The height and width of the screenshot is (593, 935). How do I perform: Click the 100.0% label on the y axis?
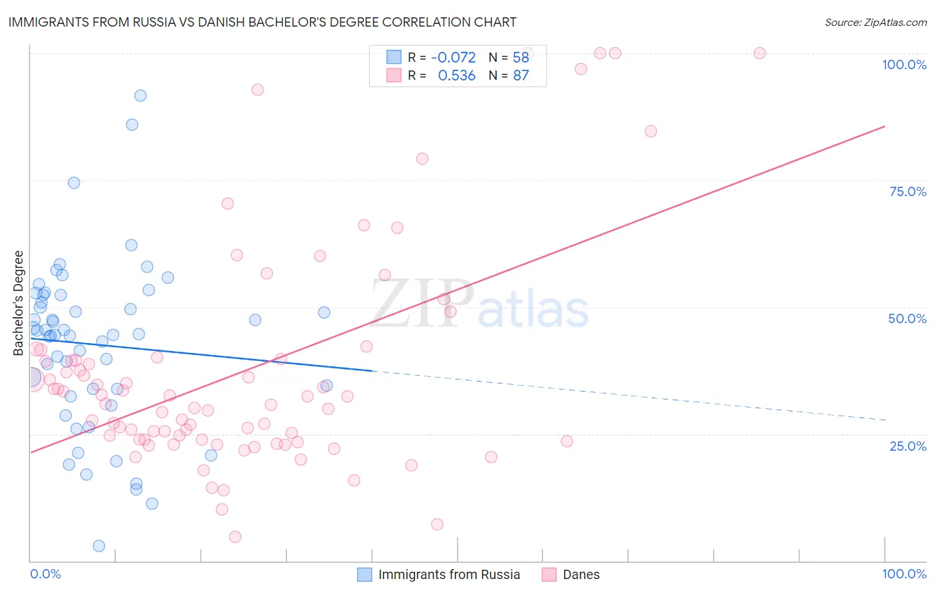coord(904,64)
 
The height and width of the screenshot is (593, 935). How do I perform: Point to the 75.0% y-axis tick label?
coord(908,191)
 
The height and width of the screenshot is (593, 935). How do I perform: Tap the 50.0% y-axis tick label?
coord(907,318)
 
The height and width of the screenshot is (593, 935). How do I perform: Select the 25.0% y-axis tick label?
coord(908,446)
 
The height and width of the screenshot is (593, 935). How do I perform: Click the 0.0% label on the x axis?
coord(45,574)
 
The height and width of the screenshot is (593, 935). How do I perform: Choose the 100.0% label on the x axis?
coord(904,574)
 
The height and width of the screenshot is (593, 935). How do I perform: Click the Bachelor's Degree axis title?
coord(19,303)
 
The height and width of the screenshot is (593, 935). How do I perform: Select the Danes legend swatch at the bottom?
coord(549,574)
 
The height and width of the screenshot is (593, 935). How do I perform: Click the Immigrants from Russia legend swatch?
coord(364,574)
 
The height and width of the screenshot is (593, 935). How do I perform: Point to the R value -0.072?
coord(454,58)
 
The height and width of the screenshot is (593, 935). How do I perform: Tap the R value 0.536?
coord(456,76)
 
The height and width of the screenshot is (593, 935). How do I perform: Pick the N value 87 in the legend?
coord(521,76)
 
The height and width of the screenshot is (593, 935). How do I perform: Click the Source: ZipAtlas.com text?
coord(875,23)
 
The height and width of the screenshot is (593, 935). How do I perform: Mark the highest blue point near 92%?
coord(140,96)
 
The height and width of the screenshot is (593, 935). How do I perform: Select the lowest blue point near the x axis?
coord(99,546)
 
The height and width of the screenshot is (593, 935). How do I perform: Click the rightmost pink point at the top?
coord(759,53)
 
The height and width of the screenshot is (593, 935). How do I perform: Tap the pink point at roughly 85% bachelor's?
coord(650,132)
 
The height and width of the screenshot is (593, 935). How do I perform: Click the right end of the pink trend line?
coord(884,126)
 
